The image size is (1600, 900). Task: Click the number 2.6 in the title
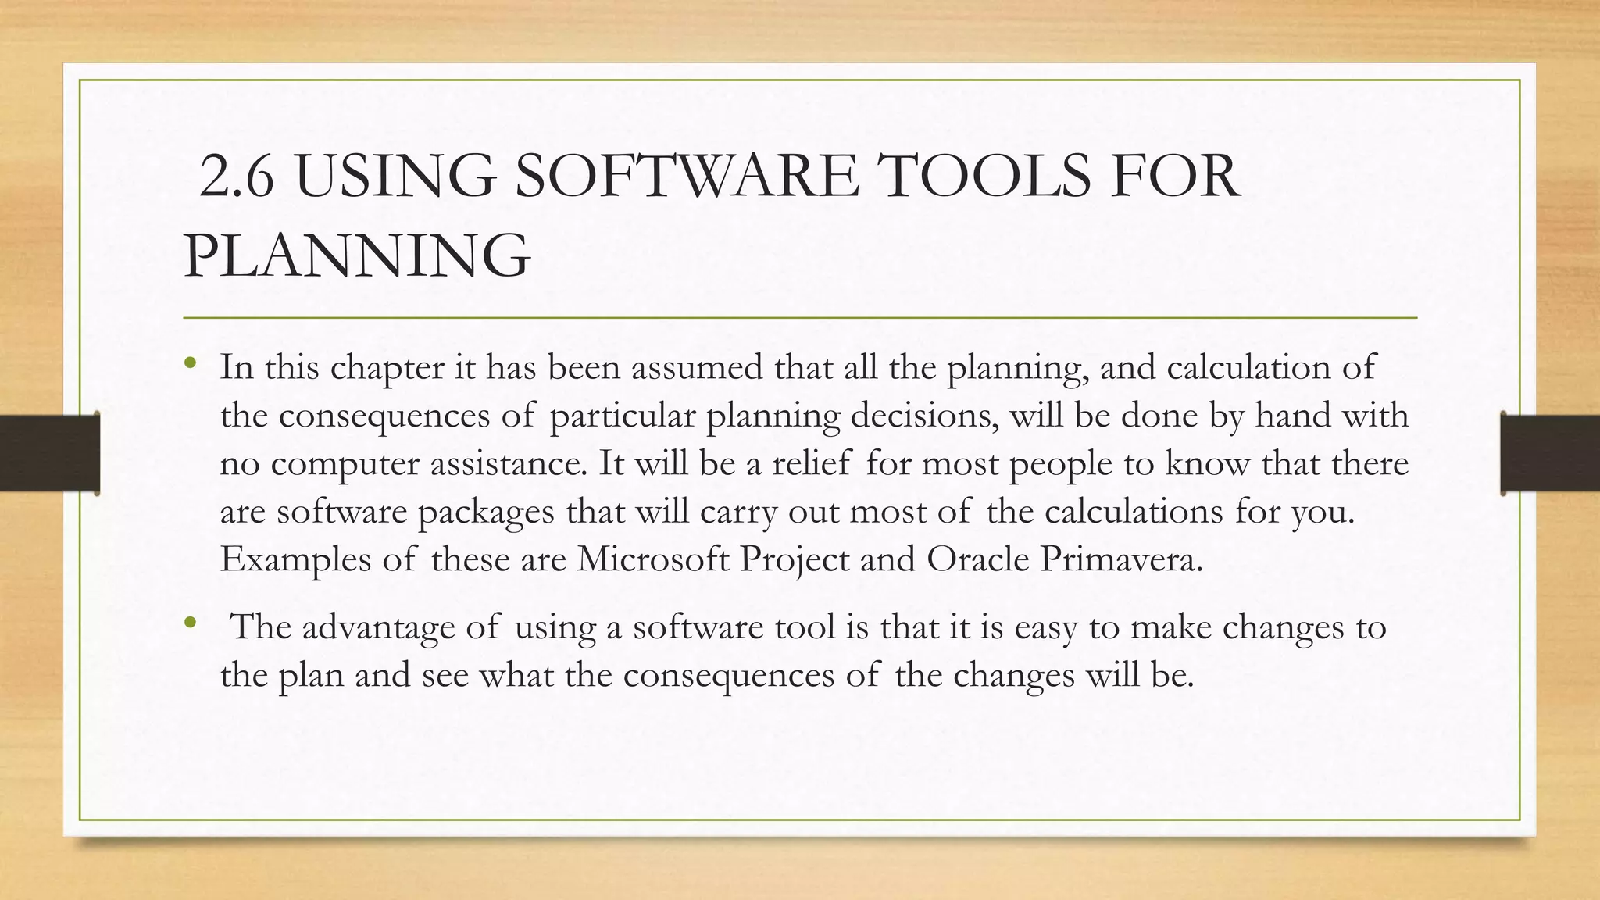(237, 177)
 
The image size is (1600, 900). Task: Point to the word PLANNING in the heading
(357, 256)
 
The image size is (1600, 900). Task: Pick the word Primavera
(1121, 559)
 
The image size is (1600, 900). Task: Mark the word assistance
(507, 463)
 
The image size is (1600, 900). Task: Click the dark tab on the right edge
(1550, 453)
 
